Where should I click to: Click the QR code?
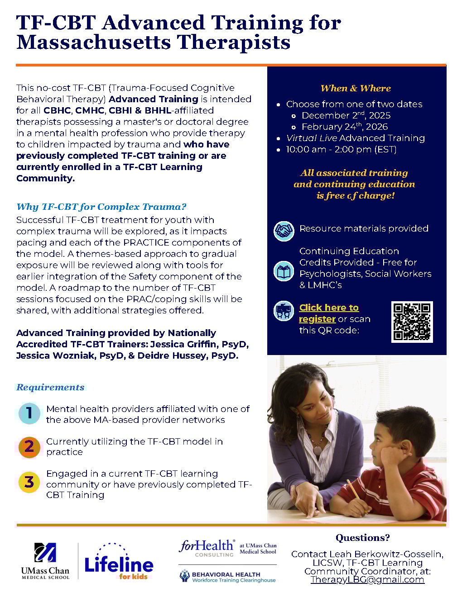pos(412,322)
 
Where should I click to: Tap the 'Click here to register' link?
pos(329,313)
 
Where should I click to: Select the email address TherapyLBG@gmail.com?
pos(367,580)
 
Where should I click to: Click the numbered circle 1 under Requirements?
pos(29,413)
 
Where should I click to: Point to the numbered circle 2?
pos(29,446)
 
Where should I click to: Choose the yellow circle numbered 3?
pos(29,482)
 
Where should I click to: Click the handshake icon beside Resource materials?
pos(284,231)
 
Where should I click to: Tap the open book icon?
pos(284,271)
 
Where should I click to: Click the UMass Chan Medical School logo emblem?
pos(45,553)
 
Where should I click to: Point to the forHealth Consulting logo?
pos(207,548)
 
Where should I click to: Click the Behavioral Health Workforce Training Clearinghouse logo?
pos(227,577)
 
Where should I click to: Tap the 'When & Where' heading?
pos(356,88)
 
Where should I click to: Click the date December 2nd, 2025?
pos(346,115)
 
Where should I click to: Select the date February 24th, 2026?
pos(344,127)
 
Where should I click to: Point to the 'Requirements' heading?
pos(50,387)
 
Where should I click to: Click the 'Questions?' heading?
pos(362,538)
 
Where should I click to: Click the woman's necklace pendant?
pos(318,450)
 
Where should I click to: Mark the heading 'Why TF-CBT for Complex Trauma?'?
pos(101,207)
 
